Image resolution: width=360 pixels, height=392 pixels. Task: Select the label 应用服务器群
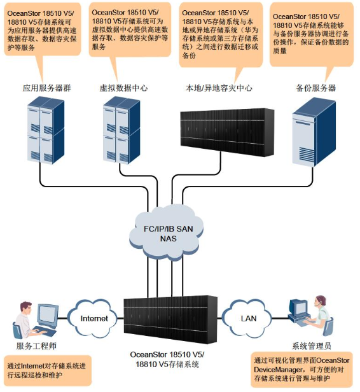[46, 88]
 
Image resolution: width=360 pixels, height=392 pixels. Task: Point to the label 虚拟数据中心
[123, 88]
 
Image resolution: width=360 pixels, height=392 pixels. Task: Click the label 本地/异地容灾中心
[219, 88]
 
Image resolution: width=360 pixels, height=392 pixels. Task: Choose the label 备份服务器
[315, 88]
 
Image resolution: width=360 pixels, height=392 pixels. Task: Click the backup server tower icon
[314, 132]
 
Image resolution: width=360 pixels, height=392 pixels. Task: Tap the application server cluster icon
[46, 130]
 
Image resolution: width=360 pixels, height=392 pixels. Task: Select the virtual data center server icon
[121, 130]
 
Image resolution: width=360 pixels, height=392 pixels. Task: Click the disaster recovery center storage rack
[227, 132]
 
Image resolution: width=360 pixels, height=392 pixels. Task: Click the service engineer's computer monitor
[48, 314]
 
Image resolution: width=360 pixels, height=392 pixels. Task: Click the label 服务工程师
[36, 346]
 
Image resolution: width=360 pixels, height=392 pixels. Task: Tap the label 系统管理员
[312, 346]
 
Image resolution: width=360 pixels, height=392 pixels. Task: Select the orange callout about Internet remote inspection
[48, 371]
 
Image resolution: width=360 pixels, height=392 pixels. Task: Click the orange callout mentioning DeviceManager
[301, 370]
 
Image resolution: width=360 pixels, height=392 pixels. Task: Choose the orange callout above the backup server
[312, 34]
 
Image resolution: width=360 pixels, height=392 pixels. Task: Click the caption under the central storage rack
[167, 360]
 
